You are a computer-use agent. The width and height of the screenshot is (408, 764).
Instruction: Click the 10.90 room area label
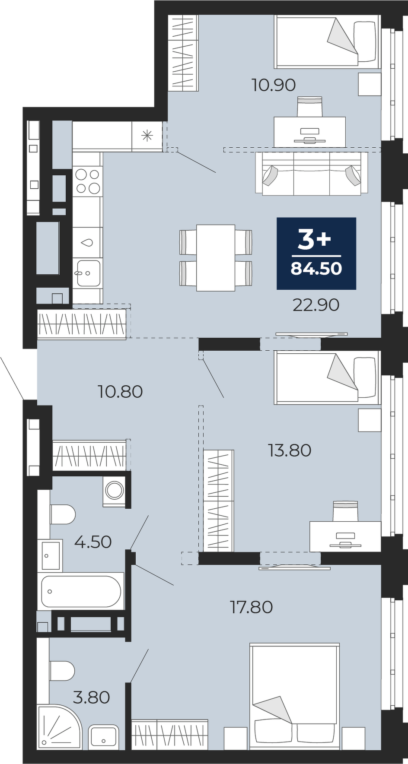click(274, 85)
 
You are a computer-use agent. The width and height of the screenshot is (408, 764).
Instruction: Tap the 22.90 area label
click(316, 305)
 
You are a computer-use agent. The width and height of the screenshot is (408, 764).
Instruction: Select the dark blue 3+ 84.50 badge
click(316, 254)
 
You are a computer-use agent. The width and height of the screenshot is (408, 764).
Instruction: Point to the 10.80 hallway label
click(120, 392)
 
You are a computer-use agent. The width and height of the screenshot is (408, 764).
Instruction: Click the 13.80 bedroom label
click(290, 450)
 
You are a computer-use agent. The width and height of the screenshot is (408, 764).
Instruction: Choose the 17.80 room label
click(251, 607)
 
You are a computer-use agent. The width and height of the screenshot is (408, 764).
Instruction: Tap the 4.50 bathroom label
click(93, 542)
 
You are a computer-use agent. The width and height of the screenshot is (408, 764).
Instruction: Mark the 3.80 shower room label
click(91, 697)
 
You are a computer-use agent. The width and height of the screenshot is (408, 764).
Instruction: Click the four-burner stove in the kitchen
click(88, 181)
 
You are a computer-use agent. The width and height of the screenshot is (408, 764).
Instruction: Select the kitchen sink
click(88, 273)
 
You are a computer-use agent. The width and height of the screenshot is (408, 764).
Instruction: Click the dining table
click(216, 257)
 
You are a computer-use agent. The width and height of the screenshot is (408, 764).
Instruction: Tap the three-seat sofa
click(311, 174)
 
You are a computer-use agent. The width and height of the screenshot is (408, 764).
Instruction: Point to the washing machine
click(115, 491)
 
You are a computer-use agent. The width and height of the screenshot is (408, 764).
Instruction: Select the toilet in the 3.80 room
click(62, 671)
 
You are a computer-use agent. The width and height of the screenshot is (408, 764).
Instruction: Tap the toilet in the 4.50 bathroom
click(62, 514)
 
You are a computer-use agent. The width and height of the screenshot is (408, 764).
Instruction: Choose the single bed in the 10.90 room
click(327, 42)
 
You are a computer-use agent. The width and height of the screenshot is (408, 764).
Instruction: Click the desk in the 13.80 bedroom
click(345, 536)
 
